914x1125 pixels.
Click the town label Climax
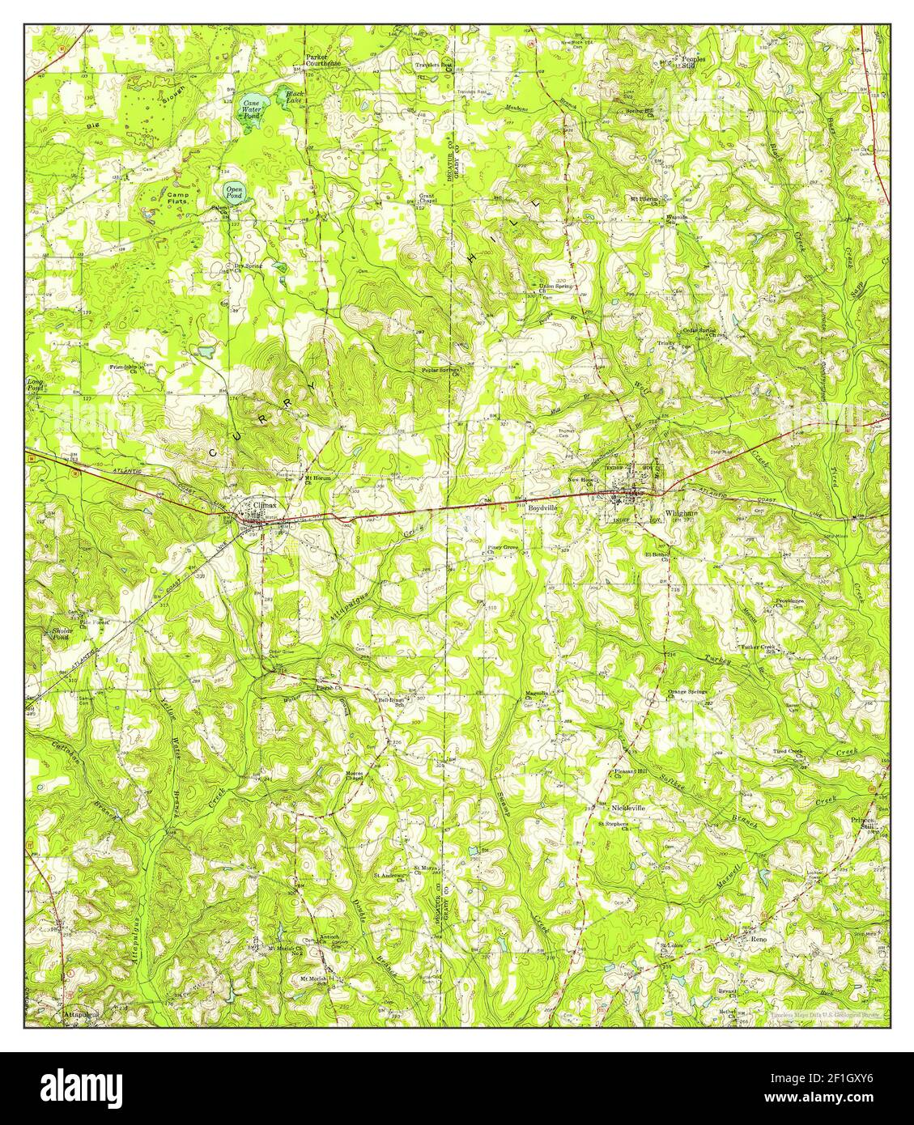[265, 504]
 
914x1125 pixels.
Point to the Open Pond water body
[233, 193]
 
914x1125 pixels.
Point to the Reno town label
[758, 939]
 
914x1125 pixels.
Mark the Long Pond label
[36, 384]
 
